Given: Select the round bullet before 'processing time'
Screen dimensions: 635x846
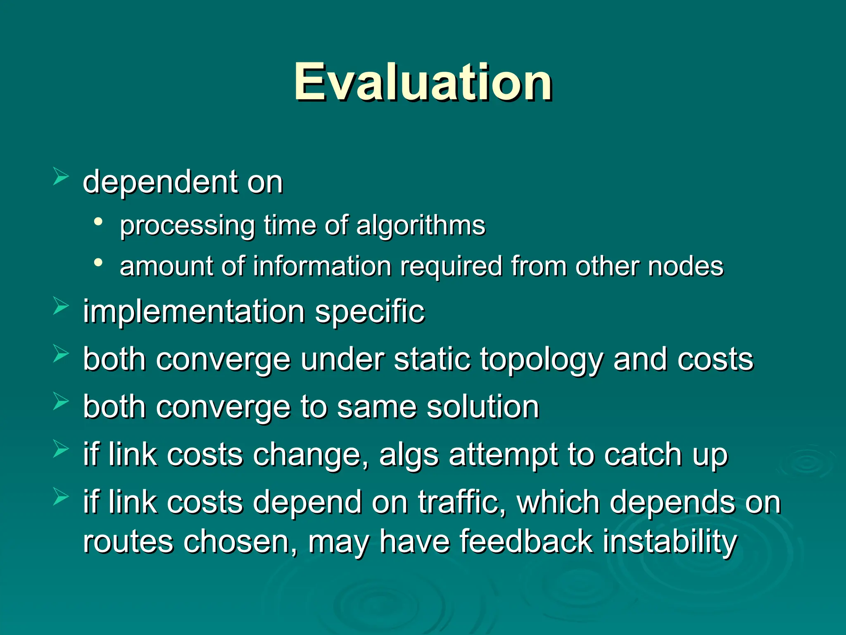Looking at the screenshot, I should coord(98,222).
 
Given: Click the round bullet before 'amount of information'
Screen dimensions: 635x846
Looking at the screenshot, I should coord(98,263).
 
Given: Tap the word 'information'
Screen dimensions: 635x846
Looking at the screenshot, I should coord(322,266).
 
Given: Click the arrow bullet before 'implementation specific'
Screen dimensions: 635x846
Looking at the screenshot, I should coord(61,307).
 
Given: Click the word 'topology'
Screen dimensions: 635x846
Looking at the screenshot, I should coord(542,360).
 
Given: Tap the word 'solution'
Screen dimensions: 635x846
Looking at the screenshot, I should coord(483,407).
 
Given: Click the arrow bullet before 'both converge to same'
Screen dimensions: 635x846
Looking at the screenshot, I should coord(61,402).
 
